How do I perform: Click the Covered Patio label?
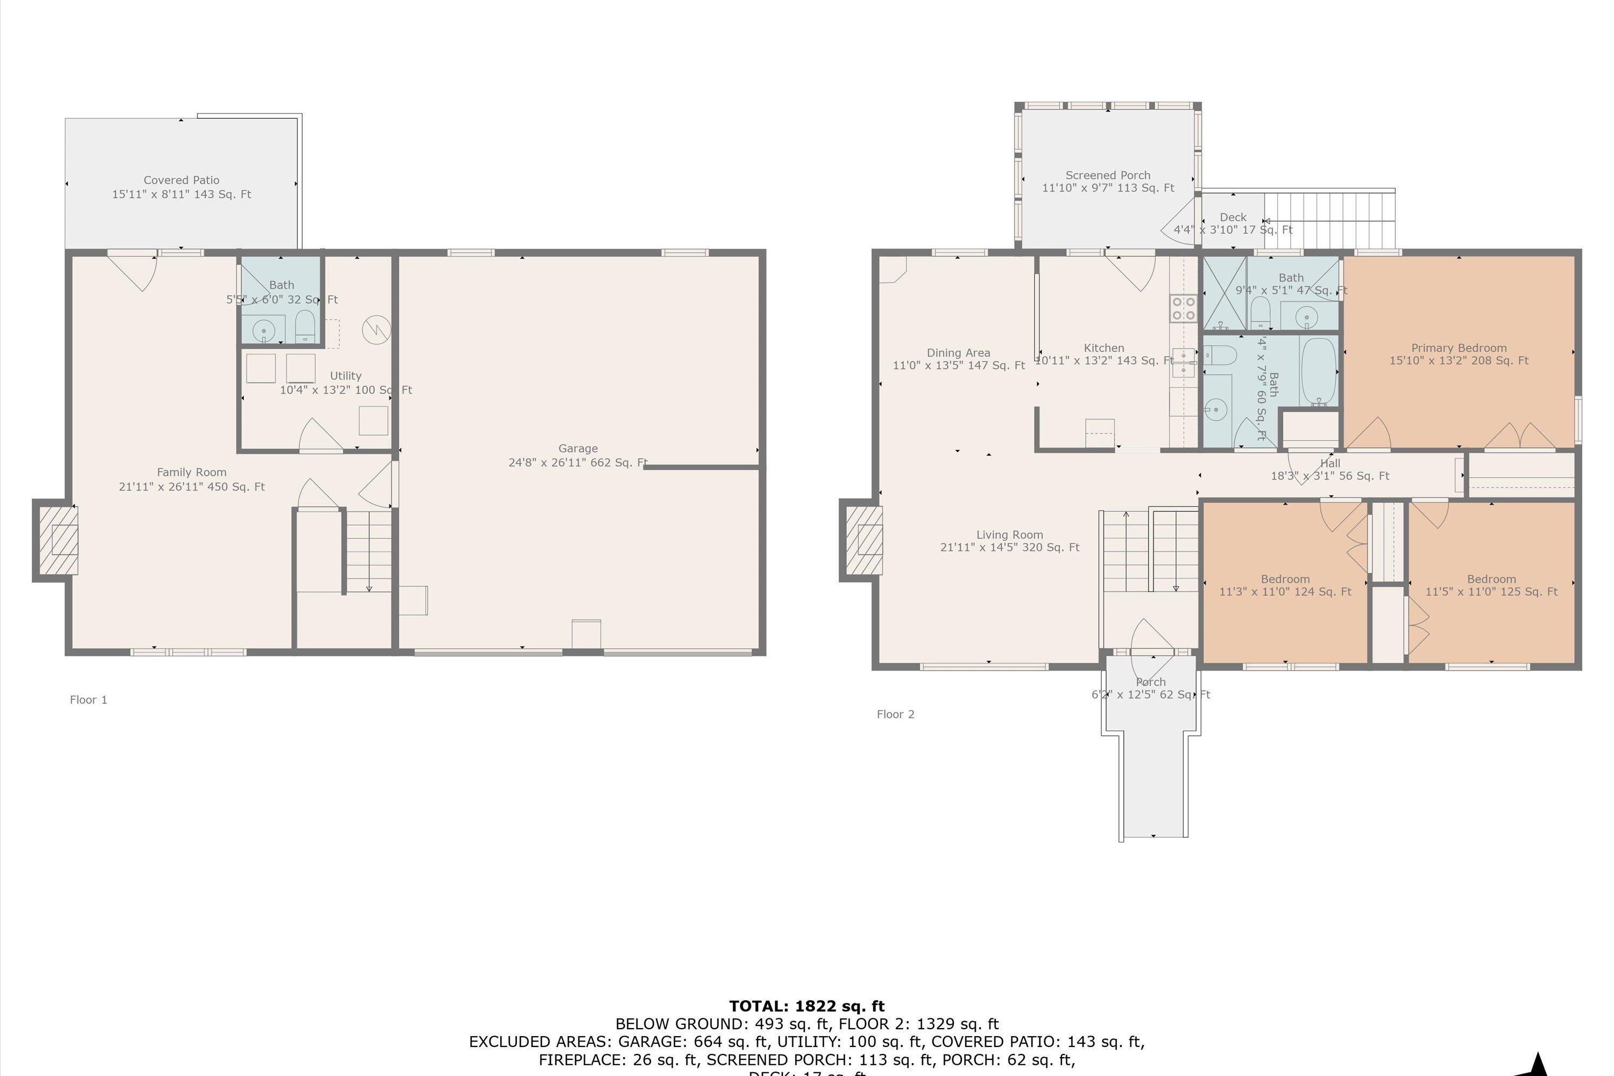pyautogui.click(x=181, y=187)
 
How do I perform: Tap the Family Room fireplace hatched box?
pyautogui.click(x=58, y=541)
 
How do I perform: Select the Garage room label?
pyautogui.click(x=577, y=456)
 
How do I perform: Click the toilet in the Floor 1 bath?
pyautogui.click(x=305, y=327)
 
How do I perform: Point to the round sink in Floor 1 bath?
pyautogui.click(x=264, y=331)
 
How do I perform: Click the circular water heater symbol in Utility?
pyautogui.click(x=376, y=329)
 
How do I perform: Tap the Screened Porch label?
pyautogui.click(x=1108, y=182)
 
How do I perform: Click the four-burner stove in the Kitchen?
pyautogui.click(x=1183, y=308)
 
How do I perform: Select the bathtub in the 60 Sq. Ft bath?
pyautogui.click(x=1318, y=371)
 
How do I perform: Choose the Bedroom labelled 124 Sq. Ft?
pyautogui.click(x=1285, y=585)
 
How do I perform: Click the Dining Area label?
pyautogui.click(x=958, y=359)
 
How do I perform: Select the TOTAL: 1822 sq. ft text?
pyautogui.click(x=806, y=1006)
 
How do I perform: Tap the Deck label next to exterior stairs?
pyautogui.click(x=1233, y=223)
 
